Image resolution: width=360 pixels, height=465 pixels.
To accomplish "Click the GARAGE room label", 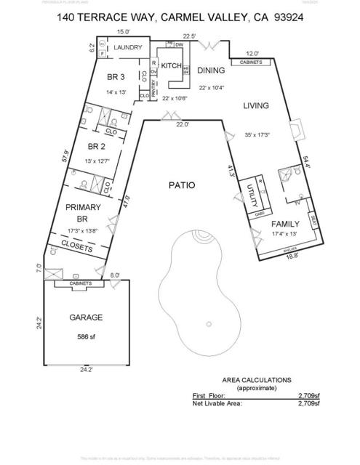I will click(85, 318).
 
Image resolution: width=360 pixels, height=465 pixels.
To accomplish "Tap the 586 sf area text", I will click(87, 337).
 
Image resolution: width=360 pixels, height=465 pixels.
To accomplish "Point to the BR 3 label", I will click(116, 78).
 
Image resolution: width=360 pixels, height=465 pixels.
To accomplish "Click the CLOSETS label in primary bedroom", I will click(76, 248).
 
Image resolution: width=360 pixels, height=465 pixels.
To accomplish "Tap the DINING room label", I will click(212, 70).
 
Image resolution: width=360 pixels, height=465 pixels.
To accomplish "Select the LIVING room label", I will click(255, 105).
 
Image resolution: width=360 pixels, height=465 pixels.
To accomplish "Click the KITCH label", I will click(169, 65).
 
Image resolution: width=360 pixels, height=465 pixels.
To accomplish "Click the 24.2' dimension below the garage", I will click(86, 370).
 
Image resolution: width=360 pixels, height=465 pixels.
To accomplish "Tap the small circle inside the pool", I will click(209, 324).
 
